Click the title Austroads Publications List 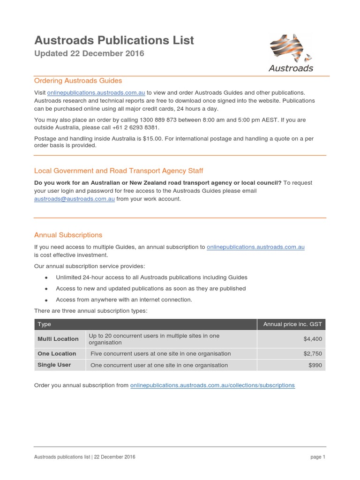point(114,40)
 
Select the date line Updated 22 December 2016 point(89,53)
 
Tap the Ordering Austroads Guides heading point(78,81)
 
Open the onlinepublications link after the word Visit point(96,92)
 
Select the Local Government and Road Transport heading point(119,171)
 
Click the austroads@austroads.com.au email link point(75,199)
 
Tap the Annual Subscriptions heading point(68,235)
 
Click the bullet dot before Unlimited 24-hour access point(46,278)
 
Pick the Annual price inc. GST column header point(292,324)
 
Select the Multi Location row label point(58,339)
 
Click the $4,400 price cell point(313,339)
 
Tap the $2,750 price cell point(313,354)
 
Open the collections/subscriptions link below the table point(212,385)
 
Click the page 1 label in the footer point(317,457)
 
